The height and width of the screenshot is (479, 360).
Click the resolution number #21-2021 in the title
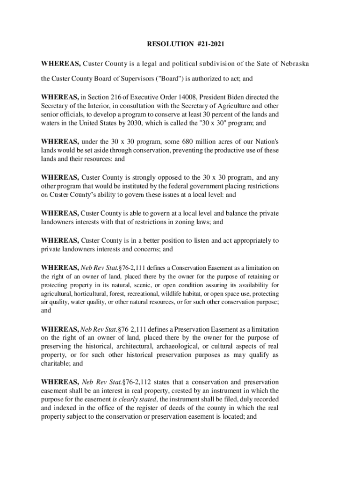tap(209, 44)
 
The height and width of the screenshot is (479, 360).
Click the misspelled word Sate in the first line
tap(263, 63)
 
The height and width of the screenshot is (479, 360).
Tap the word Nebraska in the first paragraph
tap(295, 63)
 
